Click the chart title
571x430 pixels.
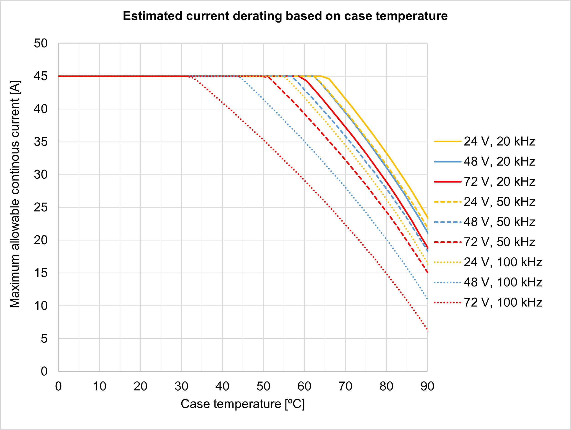285,16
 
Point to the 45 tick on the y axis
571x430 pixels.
41,76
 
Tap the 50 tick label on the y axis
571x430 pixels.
41,43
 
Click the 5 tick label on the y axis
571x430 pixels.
44,339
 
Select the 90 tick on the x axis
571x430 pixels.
427,386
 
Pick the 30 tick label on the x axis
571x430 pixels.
181,386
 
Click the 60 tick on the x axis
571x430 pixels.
304,386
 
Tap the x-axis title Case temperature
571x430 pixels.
243,404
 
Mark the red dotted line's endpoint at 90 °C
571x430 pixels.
427,331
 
